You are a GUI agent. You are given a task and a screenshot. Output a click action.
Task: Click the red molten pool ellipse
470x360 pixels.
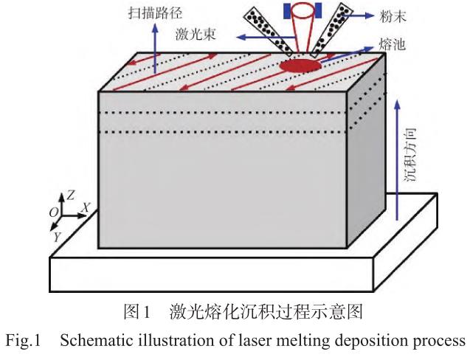[300, 67]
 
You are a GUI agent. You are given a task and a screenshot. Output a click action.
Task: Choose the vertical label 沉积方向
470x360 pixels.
[414, 154]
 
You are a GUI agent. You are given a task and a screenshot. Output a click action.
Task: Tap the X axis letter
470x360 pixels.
[86, 209]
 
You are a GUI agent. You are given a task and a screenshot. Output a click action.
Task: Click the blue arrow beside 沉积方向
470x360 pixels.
[398, 162]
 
